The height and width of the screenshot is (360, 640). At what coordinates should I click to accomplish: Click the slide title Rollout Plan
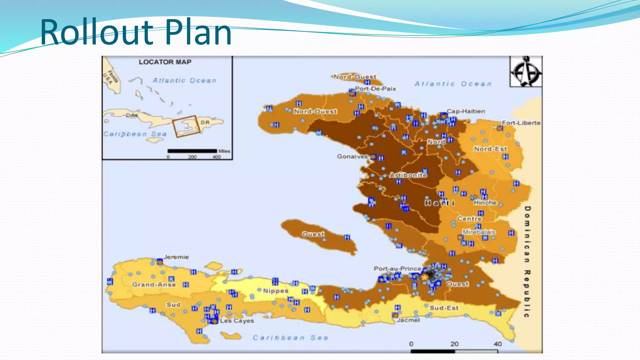(136, 32)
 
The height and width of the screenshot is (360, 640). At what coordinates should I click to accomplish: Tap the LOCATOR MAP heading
(165, 62)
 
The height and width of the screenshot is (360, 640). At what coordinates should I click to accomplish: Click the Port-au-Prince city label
(397, 268)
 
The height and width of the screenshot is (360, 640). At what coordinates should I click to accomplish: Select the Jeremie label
(176, 257)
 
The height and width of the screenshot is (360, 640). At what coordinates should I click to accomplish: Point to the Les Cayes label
(237, 321)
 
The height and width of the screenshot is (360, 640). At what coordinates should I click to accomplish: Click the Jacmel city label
(408, 320)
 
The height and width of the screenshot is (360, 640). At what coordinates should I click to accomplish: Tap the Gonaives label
(352, 156)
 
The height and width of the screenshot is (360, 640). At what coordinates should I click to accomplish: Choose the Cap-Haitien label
(466, 111)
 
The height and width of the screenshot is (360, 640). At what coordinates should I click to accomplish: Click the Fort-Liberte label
(521, 123)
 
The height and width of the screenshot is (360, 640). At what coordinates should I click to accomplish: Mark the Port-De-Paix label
(375, 89)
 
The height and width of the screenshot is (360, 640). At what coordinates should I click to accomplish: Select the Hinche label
(485, 202)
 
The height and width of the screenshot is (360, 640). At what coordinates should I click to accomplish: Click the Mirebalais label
(479, 232)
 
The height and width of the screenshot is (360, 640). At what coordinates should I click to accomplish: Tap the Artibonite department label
(408, 175)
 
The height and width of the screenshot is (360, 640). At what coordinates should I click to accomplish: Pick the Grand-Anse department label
(154, 284)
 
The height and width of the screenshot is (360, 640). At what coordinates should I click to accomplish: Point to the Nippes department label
(275, 291)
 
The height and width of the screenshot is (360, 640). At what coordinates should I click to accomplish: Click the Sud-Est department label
(444, 308)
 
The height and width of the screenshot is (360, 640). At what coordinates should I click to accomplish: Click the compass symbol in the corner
(526, 72)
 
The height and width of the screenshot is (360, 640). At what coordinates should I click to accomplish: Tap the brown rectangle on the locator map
(187, 126)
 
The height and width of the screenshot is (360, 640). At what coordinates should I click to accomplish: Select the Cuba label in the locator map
(132, 115)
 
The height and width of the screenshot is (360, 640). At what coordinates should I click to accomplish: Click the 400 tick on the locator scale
(217, 157)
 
